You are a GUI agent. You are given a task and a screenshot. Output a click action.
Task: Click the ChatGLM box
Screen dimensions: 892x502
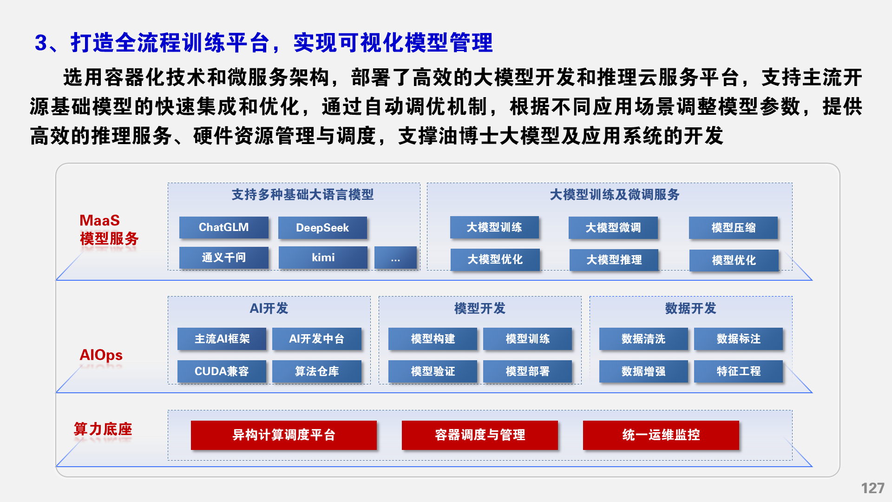click(x=223, y=227)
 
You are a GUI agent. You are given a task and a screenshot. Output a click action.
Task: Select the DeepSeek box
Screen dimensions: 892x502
click(x=322, y=228)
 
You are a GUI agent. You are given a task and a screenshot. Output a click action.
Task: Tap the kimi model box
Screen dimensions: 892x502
click(x=323, y=258)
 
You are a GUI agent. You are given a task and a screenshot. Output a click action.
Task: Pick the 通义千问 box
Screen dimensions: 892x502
click(x=223, y=258)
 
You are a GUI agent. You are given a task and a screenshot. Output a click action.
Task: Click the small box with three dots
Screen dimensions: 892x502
click(x=395, y=258)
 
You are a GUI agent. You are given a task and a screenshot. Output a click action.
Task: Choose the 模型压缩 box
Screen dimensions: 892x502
click(x=733, y=228)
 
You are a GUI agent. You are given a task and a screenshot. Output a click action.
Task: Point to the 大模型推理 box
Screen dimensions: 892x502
click(x=614, y=260)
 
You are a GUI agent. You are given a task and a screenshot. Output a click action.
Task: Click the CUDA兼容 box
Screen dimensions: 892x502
click(x=222, y=371)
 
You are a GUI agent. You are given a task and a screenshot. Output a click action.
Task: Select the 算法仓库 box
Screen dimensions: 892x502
click(x=316, y=371)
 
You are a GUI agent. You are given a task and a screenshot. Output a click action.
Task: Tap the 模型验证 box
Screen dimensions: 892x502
click(x=433, y=371)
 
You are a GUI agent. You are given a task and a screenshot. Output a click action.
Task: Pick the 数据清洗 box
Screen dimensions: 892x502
click(x=643, y=339)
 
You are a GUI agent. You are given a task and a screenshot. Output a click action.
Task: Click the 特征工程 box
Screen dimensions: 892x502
click(x=738, y=371)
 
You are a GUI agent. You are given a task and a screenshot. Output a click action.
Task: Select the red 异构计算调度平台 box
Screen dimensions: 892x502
click(x=284, y=435)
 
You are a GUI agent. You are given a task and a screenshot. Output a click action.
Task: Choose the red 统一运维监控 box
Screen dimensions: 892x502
click(x=661, y=435)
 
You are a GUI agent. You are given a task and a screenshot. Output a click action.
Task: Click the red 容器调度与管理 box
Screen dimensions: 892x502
click(x=480, y=435)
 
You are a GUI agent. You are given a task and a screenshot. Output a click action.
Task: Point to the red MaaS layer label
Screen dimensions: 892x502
click(x=99, y=220)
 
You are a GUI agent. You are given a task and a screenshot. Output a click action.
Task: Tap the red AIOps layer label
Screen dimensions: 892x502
click(x=101, y=355)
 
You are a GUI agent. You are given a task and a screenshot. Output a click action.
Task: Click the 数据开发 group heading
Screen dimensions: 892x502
click(x=690, y=308)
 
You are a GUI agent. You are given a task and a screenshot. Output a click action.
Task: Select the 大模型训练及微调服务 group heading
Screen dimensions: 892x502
click(x=614, y=195)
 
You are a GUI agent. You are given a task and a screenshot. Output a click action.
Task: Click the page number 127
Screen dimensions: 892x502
click(x=872, y=488)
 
